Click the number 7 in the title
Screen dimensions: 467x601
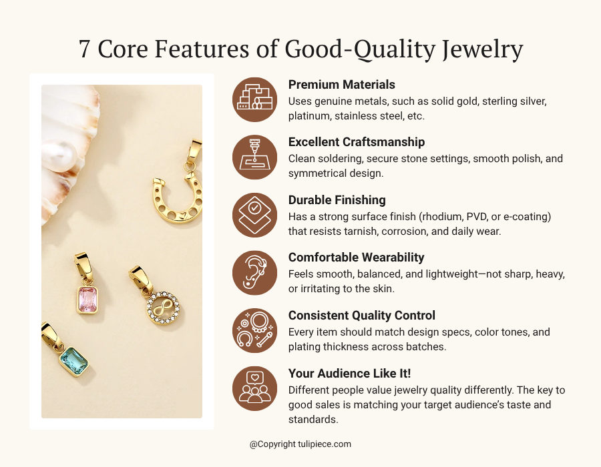pos(85,49)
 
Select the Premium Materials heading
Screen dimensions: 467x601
pos(341,85)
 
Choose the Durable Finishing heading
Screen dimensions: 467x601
pos(337,199)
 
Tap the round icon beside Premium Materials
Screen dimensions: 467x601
pos(254,99)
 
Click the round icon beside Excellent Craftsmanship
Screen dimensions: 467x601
pos(254,157)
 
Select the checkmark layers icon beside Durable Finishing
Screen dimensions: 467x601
pos(254,215)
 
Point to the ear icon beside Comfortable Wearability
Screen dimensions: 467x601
pos(254,273)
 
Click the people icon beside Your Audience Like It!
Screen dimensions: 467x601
pos(254,388)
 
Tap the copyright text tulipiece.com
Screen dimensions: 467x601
pos(300,444)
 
